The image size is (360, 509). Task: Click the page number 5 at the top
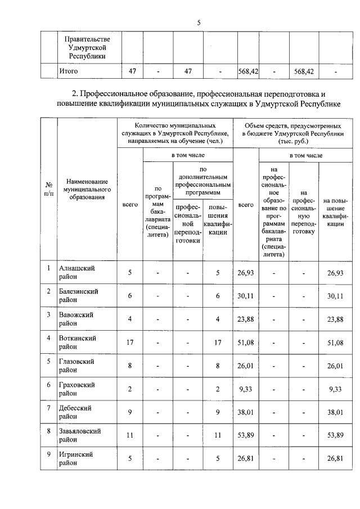199,22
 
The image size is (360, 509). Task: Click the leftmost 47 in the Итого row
132,72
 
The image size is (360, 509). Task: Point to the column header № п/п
49,189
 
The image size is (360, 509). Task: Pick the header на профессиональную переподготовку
303,211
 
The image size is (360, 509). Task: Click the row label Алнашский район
77,273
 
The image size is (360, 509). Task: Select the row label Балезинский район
79,296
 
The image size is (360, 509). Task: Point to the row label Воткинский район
78,343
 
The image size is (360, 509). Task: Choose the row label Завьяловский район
80,435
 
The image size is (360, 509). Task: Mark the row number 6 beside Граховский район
49,384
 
